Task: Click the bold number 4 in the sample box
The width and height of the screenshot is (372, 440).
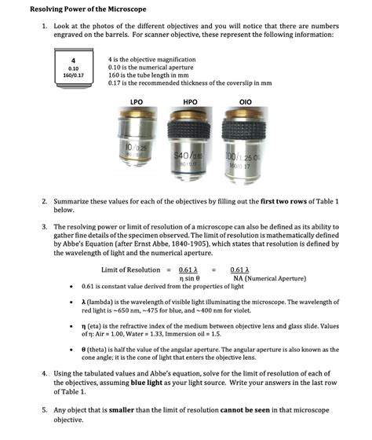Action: (x=71, y=60)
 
